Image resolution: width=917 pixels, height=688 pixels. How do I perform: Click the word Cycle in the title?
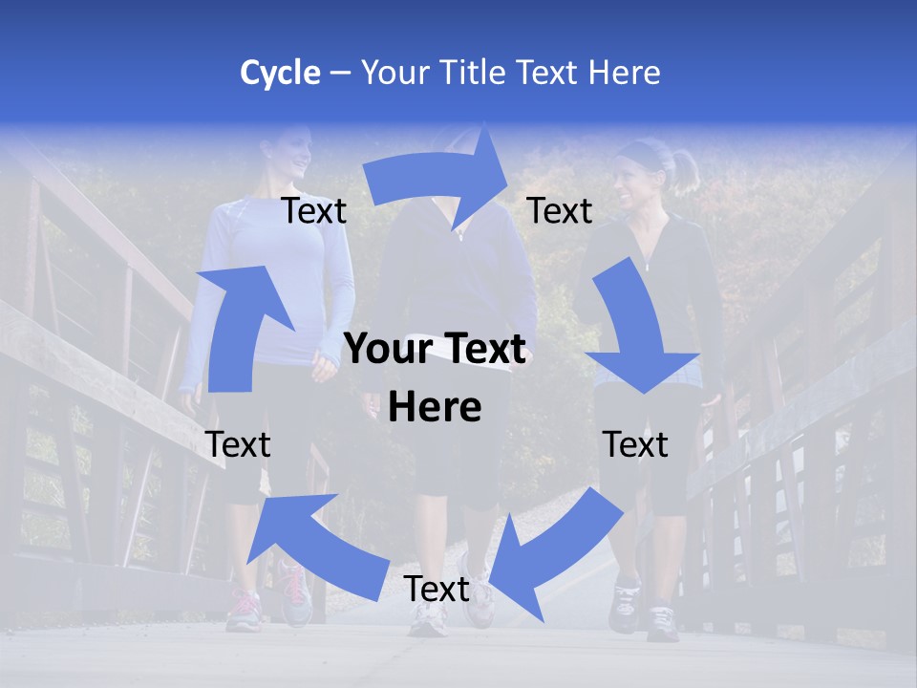click(280, 73)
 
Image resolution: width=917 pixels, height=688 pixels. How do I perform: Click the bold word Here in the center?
click(435, 407)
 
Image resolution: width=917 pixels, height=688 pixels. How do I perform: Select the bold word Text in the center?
click(481, 350)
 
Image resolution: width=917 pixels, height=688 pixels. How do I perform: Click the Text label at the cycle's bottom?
click(437, 590)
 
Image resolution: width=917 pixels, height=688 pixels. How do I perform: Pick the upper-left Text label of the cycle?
click(313, 211)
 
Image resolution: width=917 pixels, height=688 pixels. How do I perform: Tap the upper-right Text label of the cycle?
click(560, 211)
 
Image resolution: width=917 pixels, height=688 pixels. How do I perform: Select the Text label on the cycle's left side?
click(238, 444)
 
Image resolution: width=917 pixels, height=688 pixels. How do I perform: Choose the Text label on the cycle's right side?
click(635, 444)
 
